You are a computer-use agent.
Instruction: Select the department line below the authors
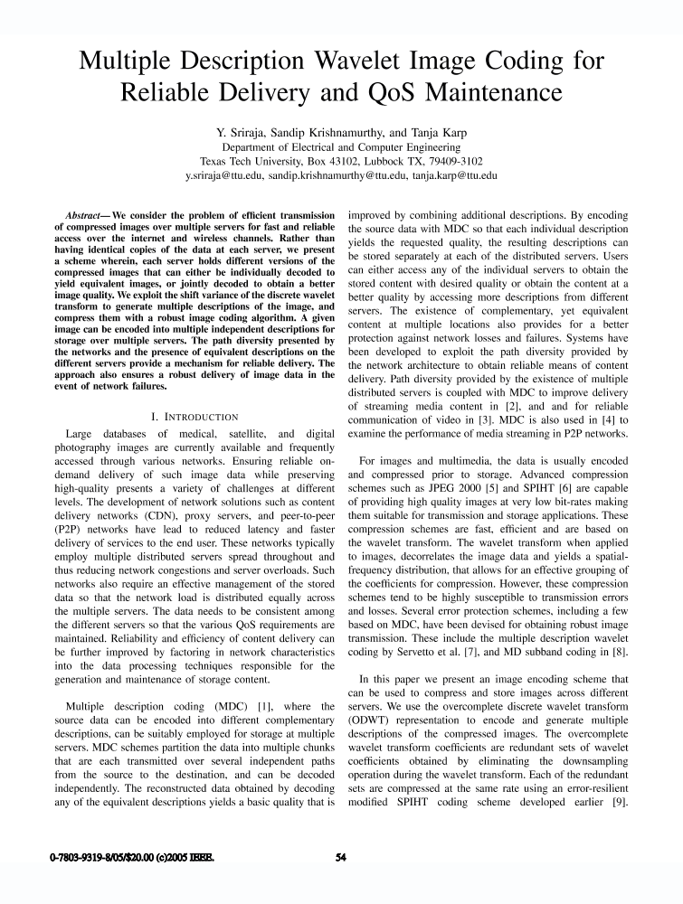click(x=341, y=146)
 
